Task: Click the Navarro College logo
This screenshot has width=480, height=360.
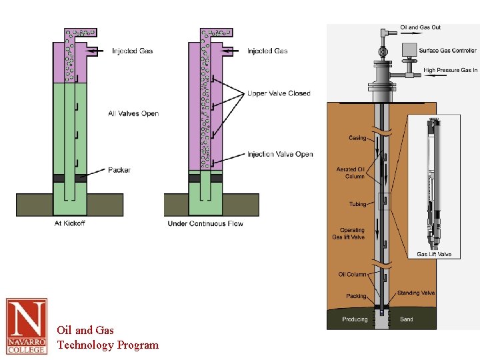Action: click(27, 326)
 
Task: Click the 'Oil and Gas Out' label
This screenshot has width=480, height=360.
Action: click(420, 27)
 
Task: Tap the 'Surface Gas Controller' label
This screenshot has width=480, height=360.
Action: click(448, 51)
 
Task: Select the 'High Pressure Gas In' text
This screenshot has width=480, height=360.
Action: click(451, 70)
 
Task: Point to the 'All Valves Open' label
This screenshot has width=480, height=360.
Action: click(133, 113)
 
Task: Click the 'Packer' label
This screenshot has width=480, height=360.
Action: click(119, 170)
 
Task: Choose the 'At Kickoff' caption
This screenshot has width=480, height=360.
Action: click(69, 223)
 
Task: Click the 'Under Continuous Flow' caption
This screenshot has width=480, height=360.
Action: click(205, 223)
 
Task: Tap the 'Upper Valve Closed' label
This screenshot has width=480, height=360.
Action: click(279, 93)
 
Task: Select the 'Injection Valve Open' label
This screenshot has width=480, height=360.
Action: click(280, 154)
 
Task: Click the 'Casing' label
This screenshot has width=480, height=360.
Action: click(357, 138)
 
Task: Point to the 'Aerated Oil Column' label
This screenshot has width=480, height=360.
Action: click(351, 173)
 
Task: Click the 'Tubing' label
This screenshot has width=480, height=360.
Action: click(357, 204)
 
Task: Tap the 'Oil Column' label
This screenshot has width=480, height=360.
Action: click(352, 274)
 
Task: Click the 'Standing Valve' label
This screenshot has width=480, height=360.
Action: click(415, 293)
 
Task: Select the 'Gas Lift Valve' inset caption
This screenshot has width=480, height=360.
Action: click(434, 254)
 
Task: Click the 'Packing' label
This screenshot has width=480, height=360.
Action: click(356, 296)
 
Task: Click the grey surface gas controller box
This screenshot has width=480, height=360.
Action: click(409, 49)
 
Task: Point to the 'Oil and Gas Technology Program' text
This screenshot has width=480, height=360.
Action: click(107, 337)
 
